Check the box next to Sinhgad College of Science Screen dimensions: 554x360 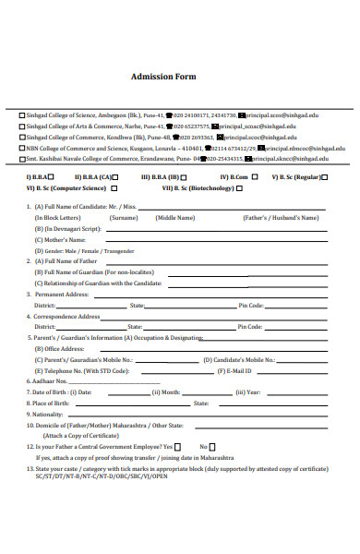23,116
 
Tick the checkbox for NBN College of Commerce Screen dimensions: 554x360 23,147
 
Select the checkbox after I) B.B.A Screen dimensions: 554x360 51,175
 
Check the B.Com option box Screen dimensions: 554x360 253,175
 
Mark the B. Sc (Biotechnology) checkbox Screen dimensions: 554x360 238,187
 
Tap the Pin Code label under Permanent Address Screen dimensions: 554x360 251,305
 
